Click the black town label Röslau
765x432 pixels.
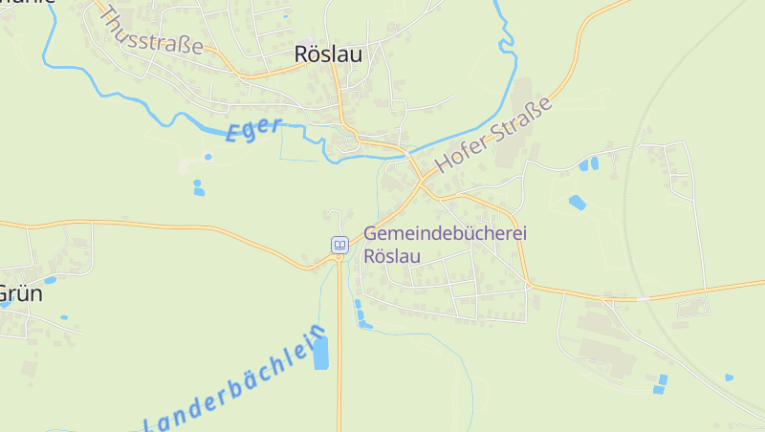click(x=329, y=54)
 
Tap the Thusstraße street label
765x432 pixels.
click(x=150, y=32)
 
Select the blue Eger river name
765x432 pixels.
click(x=253, y=129)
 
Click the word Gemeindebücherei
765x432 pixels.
click(x=446, y=234)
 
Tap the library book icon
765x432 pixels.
click(x=339, y=245)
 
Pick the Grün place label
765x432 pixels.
click(x=21, y=293)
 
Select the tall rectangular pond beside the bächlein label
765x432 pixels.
click(x=320, y=353)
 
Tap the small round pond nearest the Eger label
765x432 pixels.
click(x=208, y=157)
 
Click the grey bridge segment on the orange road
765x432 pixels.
click(x=644, y=298)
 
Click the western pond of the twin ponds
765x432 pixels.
click(x=583, y=165)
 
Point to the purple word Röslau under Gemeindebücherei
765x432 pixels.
click(x=391, y=255)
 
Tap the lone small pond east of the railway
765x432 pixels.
click(x=729, y=378)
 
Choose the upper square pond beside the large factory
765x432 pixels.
click(x=663, y=379)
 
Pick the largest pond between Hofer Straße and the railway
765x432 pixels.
click(x=577, y=202)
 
